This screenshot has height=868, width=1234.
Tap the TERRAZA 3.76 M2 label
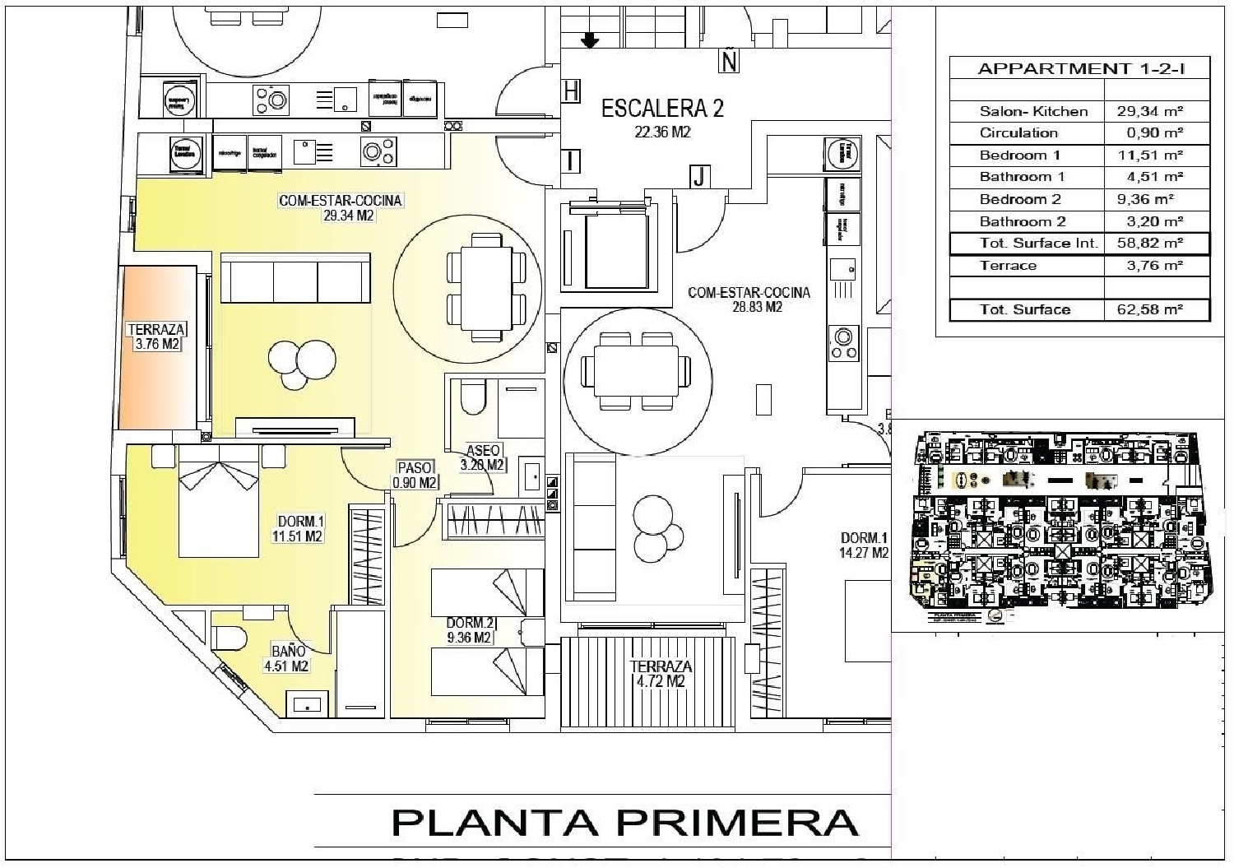click(156, 337)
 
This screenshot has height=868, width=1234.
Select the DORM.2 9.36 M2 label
click(470, 630)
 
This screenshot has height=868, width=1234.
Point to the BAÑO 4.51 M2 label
click(286, 658)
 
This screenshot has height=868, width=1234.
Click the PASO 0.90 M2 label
click(415, 475)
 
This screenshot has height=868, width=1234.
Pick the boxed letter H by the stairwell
click(571, 91)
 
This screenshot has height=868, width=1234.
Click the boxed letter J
click(698, 176)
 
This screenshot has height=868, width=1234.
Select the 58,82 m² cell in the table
click(1149, 244)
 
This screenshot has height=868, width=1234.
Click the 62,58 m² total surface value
click(1149, 309)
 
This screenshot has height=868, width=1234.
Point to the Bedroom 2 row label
click(1020, 199)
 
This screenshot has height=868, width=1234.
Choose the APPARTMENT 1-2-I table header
click(1080, 68)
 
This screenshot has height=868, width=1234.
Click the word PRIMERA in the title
click(737, 822)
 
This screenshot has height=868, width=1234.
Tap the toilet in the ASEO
click(472, 399)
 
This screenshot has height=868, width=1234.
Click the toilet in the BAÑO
click(230, 638)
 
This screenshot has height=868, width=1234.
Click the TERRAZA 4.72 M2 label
click(661, 674)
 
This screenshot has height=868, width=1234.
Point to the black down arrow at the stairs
click(590, 40)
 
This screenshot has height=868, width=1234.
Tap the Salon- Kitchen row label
click(1033, 111)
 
